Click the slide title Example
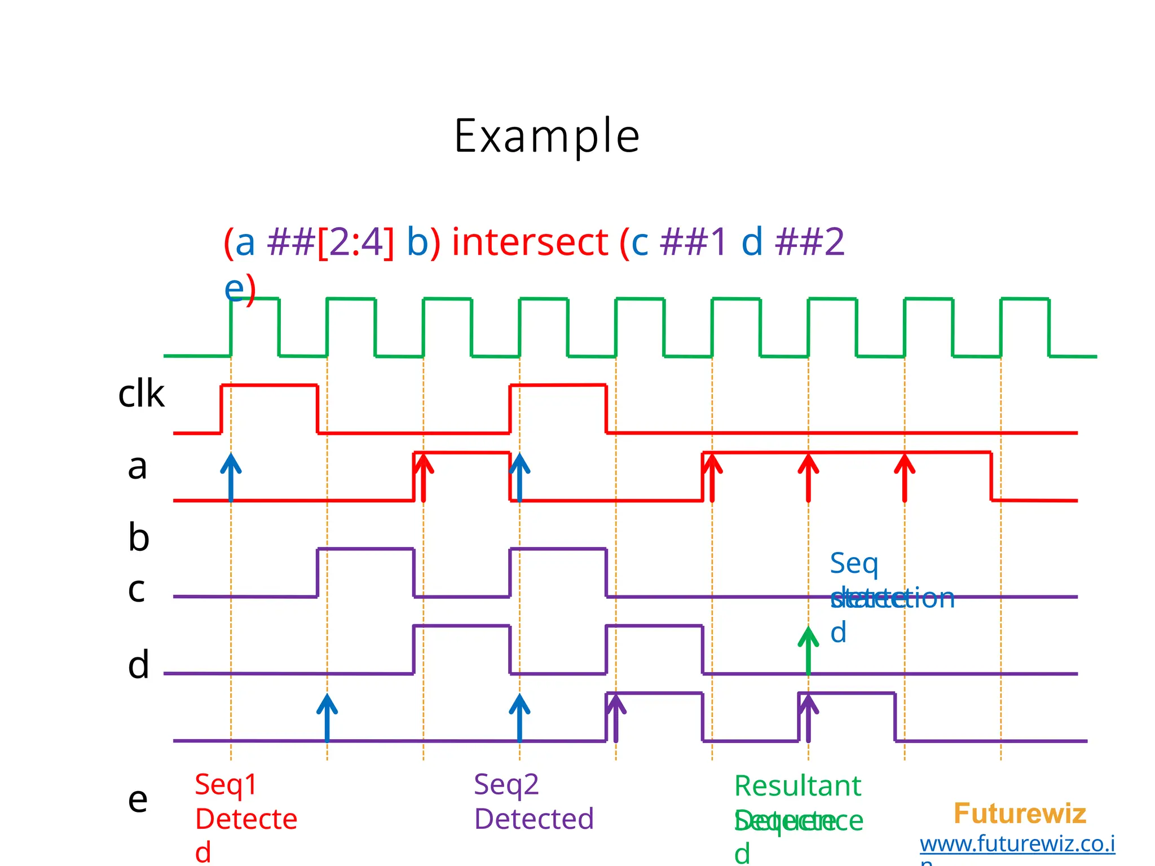point(546,136)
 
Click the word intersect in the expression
point(530,242)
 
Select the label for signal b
point(139,537)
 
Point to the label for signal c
point(136,590)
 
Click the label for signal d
point(139,665)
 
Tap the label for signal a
point(137,467)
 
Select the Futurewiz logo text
point(1020,814)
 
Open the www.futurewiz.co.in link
point(1017,844)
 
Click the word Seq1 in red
point(226,785)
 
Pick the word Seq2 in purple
point(506,785)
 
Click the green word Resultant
point(797,786)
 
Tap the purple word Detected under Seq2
point(534,819)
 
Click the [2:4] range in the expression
point(356,242)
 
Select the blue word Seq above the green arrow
point(854,563)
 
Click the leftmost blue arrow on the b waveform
point(231,476)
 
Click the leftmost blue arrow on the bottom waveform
point(327,717)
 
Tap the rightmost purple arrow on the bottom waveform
point(808,717)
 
